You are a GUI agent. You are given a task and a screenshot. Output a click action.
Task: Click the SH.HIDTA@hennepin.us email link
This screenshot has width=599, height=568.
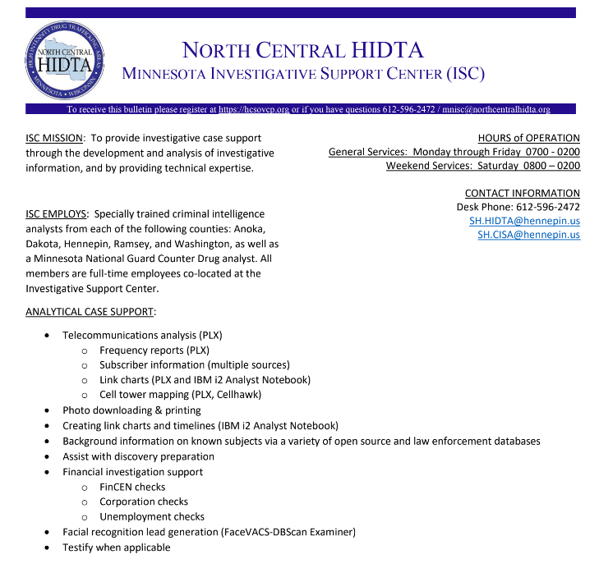(524, 221)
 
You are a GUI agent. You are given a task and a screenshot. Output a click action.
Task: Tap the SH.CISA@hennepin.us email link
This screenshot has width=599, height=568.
(528, 235)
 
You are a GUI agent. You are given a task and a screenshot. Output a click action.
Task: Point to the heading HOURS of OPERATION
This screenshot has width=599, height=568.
(528, 138)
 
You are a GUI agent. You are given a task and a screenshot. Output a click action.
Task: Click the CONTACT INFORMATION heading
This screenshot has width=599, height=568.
(522, 193)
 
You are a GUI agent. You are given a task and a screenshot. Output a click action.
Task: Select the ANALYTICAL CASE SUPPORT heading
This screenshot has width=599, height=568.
(90, 312)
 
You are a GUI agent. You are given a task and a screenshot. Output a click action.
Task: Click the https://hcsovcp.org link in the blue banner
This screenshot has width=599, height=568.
(253, 109)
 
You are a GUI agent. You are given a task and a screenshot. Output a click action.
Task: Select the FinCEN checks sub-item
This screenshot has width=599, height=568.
(132, 487)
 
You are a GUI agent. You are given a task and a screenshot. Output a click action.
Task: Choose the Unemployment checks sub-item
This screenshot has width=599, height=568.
(152, 517)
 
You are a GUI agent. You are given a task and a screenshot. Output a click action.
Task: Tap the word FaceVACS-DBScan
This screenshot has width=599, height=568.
(265, 532)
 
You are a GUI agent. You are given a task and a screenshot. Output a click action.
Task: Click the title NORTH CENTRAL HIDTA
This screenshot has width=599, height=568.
(302, 50)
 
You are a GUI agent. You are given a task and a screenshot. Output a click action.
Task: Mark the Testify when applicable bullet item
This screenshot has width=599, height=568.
(116, 547)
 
